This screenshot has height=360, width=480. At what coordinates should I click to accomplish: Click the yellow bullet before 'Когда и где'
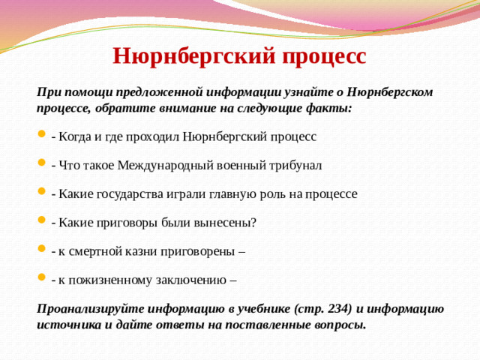tap(40, 136)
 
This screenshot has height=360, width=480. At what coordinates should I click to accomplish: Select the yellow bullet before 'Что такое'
tap(40, 165)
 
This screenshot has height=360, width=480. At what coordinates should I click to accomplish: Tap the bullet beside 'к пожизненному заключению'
tap(40, 280)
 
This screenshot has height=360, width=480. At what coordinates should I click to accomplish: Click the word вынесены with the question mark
tap(227, 223)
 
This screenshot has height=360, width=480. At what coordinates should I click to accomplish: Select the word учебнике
tap(255, 309)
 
